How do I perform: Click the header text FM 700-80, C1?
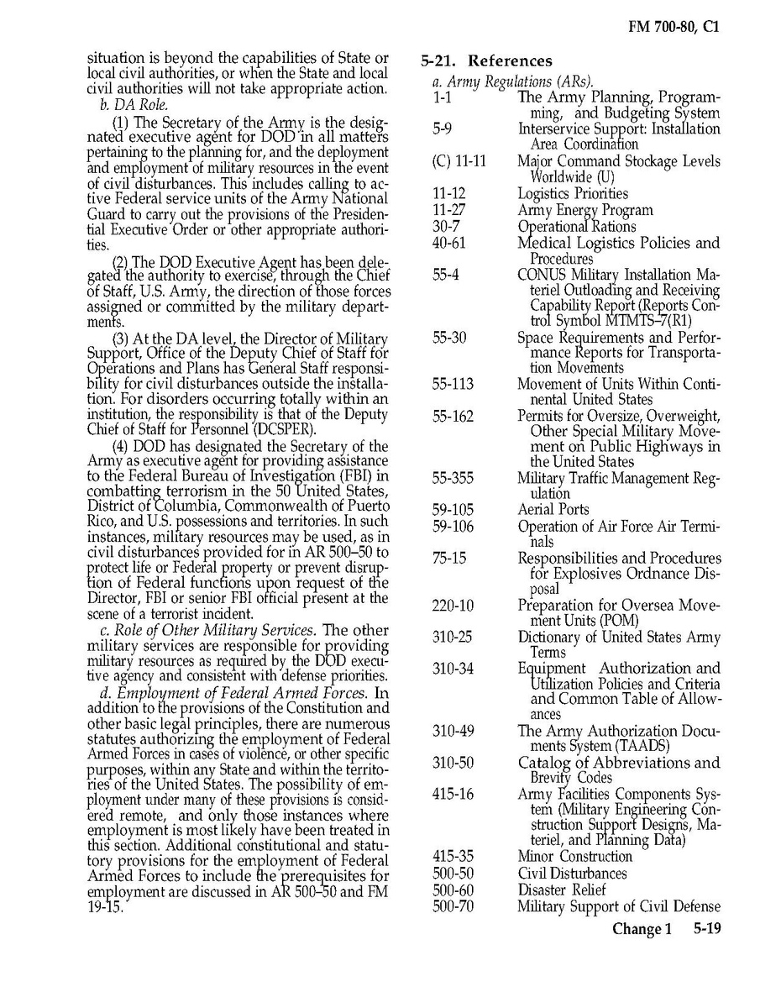click(x=674, y=27)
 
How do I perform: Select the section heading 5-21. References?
click(x=486, y=60)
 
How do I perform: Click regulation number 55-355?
click(x=453, y=478)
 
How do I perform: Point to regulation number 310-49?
click(x=453, y=731)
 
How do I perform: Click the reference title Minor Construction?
click(x=574, y=857)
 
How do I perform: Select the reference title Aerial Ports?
click(x=553, y=510)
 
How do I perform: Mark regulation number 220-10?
click(x=453, y=606)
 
